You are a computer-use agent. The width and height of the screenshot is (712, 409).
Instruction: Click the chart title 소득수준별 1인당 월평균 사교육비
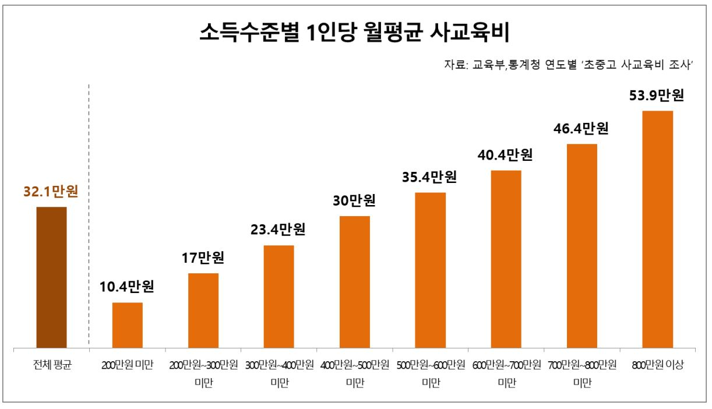click(x=355, y=32)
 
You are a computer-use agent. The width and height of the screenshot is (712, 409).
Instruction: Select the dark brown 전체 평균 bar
click(x=52, y=278)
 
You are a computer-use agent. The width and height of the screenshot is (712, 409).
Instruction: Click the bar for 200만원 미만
click(x=128, y=326)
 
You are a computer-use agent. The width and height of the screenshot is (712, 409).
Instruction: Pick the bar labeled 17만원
click(x=203, y=311)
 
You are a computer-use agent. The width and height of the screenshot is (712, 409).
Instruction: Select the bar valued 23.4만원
click(x=279, y=297)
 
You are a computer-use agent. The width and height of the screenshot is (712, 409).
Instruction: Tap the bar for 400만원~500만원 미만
click(x=355, y=283)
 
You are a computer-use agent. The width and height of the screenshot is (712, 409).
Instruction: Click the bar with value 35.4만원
click(x=431, y=270)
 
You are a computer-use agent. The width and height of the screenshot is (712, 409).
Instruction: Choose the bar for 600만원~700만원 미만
click(x=506, y=260)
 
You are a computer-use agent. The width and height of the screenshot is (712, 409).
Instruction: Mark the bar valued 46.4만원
click(x=582, y=246)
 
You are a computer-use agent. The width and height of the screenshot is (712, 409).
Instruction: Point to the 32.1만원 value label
click(x=51, y=192)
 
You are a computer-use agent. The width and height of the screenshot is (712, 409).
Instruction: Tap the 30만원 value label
click(x=355, y=200)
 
